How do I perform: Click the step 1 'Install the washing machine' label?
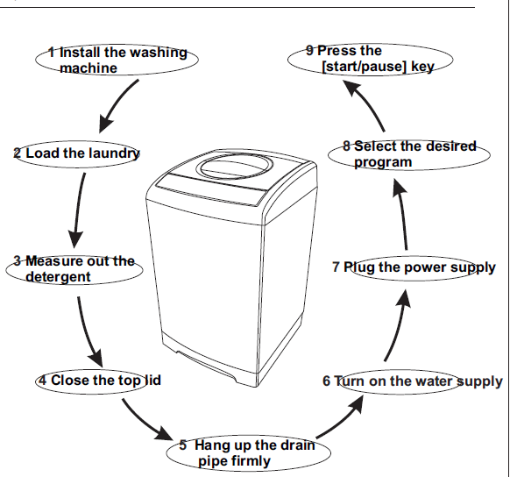pos(117,60)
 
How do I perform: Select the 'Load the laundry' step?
pos(77,153)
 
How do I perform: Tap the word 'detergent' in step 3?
pos(58,277)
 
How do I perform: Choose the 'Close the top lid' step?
pos(98,381)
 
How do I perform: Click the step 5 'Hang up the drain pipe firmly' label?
pos(248,453)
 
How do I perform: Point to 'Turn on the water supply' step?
pos(413,381)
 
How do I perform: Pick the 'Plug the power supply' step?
pos(414,267)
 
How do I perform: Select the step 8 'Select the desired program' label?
pos(409,154)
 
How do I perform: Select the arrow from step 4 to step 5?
pos(143,423)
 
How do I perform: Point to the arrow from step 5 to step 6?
pos(342,420)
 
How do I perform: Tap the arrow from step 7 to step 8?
pos(402,214)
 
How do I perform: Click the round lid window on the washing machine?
pos(231,167)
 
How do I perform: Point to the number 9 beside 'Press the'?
pos(310,51)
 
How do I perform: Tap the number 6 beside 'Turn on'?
pos(326,381)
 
